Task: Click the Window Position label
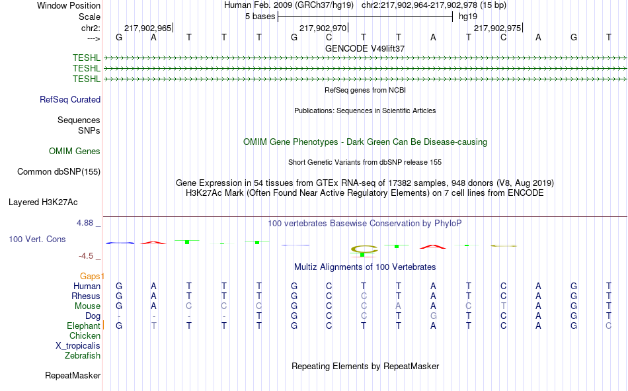[x=69, y=5]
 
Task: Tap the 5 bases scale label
[x=260, y=17]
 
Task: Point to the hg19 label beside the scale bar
[x=468, y=17]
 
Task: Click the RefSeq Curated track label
[x=70, y=99]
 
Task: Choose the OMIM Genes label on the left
[x=75, y=152]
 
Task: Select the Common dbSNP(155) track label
[x=59, y=171]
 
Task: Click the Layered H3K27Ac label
[x=43, y=202]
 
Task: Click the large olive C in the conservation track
[x=364, y=249]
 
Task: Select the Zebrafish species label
[x=83, y=356]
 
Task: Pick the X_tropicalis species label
[x=78, y=346]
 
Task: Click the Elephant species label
[x=83, y=326]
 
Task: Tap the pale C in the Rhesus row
[x=364, y=296]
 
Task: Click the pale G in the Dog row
[x=434, y=316]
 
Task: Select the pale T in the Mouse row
[x=504, y=306]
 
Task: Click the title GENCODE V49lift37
[x=365, y=48]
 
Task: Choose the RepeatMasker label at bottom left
[x=73, y=375]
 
